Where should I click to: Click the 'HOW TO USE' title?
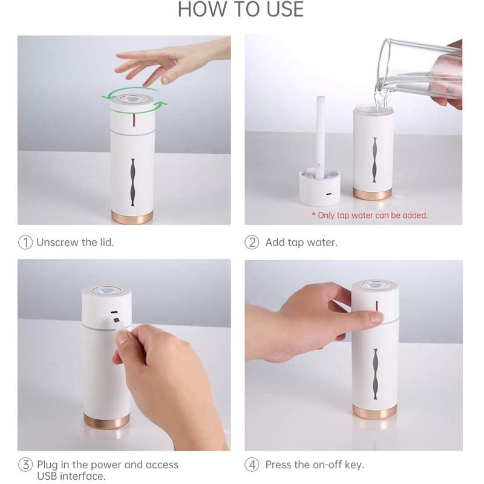coord(241,10)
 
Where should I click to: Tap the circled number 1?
coord(25,242)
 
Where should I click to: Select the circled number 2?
coord(252,242)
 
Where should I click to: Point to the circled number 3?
coord(25,465)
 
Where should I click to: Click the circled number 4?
coord(252,465)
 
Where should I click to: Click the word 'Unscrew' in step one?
coord(57,242)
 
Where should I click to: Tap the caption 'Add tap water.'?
coord(301,242)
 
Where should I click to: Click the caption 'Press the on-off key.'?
coord(315,465)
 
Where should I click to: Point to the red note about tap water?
coord(369,215)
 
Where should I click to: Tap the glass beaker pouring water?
coord(417,70)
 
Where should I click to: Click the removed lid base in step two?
coord(320,187)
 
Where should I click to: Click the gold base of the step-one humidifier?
coord(131,216)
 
